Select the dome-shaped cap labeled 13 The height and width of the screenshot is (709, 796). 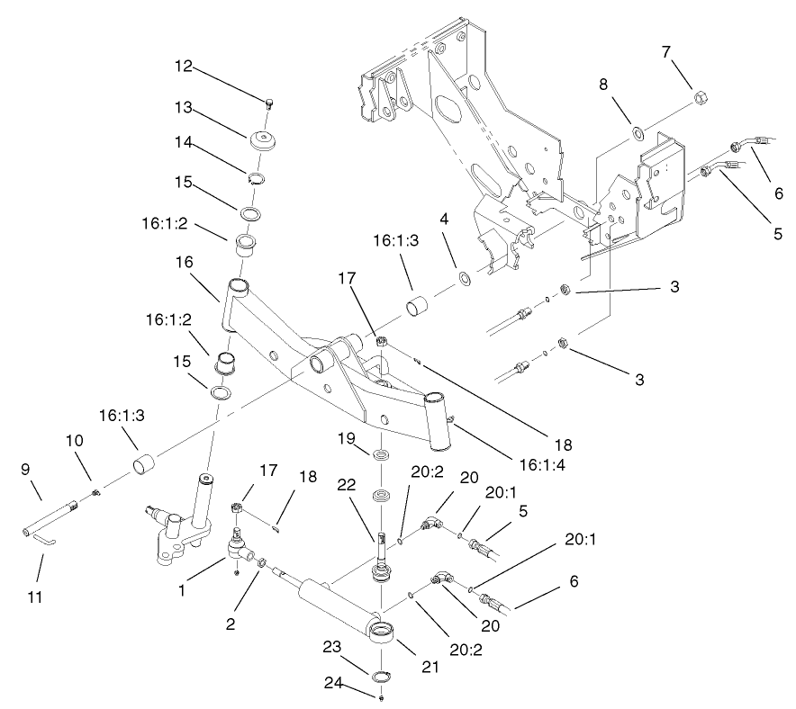[x=263, y=143]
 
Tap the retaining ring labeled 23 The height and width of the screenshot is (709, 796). [x=383, y=678]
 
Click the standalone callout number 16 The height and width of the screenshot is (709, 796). [x=185, y=262]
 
